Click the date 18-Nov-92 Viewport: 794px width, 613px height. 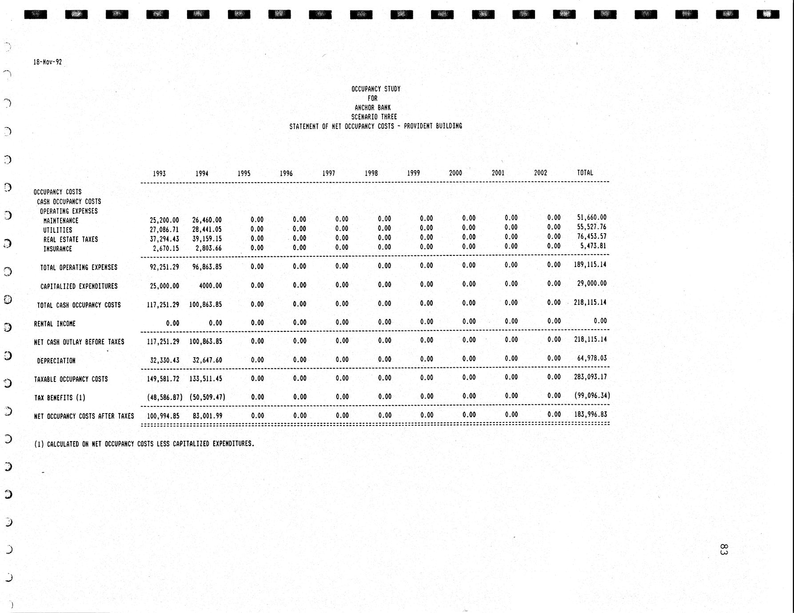click(48, 62)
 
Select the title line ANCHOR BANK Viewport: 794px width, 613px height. click(372, 107)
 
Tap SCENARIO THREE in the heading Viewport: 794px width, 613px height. click(374, 117)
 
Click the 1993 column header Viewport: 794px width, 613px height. click(159, 174)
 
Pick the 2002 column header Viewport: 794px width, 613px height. click(540, 173)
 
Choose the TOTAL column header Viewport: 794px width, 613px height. click(585, 173)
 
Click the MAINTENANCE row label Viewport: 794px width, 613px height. click(61, 221)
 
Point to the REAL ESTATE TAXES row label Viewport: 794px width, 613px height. click(71, 239)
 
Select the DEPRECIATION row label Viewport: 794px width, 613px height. click(56, 361)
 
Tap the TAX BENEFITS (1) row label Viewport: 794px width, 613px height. click(60, 398)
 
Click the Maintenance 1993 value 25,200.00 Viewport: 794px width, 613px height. click(164, 220)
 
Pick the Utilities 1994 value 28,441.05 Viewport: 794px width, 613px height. click(207, 230)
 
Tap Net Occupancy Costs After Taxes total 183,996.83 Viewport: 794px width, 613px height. click(590, 414)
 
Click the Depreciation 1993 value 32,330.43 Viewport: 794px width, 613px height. click(164, 360)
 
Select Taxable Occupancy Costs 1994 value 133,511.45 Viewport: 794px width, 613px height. click(205, 379)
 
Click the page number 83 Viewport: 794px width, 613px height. click(723, 549)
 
